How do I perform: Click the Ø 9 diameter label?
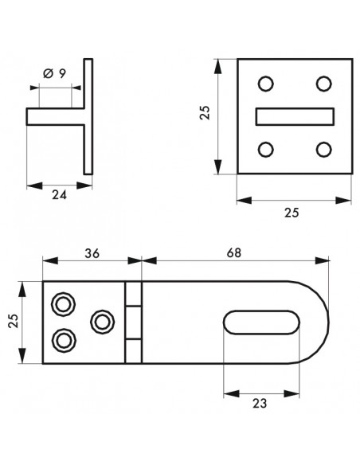click(x=55, y=73)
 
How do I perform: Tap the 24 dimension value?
click(x=59, y=195)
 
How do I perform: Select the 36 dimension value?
click(x=92, y=253)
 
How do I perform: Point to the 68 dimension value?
click(x=234, y=253)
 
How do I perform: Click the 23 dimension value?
click(x=260, y=404)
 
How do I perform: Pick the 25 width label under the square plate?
click(x=292, y=213)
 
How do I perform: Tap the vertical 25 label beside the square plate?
click(x=205, y=113)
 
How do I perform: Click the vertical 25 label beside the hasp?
click(x=14, y=321)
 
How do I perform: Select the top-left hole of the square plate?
click(x=266, y=84)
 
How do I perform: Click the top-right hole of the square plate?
click(x=323, y=84)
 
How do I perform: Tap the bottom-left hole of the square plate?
click(x=266, y=149)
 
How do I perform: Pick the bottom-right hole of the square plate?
click(x=323, y=149)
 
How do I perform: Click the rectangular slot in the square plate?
click(x=295, y=116)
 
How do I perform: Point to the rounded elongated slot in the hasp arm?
click(x=261, y=322)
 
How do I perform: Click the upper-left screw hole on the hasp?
click(x=63, y=304)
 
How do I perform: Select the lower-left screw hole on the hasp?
click(x=64, y=341)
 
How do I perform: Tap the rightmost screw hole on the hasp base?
click(x=103, y=322)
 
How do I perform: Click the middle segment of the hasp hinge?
click(x=134, y=322)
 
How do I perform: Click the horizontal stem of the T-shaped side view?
click(x=55, y=116)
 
